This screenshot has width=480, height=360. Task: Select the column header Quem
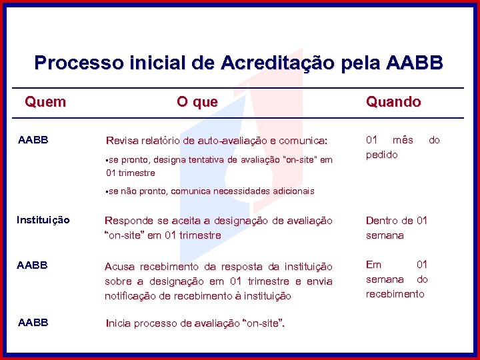(45, 102)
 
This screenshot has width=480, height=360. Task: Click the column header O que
(197, 102)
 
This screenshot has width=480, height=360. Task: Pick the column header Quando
(393, 102)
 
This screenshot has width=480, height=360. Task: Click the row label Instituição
(43, 220)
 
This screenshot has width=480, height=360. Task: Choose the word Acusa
(119, 267)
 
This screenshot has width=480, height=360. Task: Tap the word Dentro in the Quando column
(381, 221)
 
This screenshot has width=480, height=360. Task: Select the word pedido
(381, 155)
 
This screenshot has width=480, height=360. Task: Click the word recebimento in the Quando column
(395, 294)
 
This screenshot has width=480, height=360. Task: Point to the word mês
(403, 140)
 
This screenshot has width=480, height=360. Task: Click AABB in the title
(415, 63)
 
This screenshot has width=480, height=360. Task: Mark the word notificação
(131, 295)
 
